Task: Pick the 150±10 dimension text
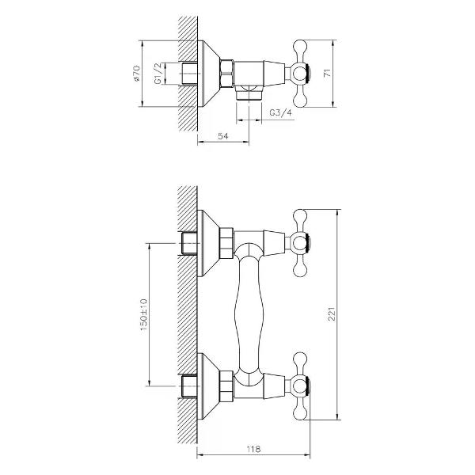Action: point(143,315)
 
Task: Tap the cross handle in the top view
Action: point(304,74)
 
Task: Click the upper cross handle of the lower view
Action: point(304,243)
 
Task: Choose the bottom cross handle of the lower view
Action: point(304,386)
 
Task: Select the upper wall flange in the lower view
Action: point(208,243)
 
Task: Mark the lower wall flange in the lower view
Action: point(208,386)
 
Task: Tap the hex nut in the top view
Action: point(226,74)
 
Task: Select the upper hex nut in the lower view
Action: point(226,243)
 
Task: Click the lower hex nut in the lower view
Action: point(226,386)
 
